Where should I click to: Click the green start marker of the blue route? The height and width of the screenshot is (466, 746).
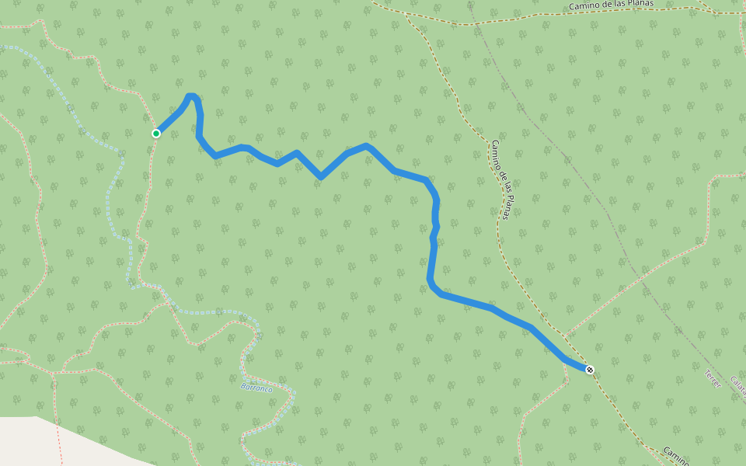[156, 134]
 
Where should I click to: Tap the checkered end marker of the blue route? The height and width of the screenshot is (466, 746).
[590, 370]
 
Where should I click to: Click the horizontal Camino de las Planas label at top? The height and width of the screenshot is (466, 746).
[611, 5]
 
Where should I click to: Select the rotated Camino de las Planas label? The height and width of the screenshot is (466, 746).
[500, 179]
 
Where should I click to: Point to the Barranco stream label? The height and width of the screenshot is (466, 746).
[256, 387]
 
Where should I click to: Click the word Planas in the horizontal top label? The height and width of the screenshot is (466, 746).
[639, 5]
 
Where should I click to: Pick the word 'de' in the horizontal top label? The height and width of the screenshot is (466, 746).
[607, 5]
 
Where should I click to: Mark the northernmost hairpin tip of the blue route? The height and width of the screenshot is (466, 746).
[191, 96]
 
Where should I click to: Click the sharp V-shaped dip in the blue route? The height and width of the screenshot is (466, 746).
[321, 177]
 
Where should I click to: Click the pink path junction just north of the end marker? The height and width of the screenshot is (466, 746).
[566, 337]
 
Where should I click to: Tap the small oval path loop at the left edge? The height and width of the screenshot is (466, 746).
[16, 353]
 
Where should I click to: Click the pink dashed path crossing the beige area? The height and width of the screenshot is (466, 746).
[60, 443]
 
